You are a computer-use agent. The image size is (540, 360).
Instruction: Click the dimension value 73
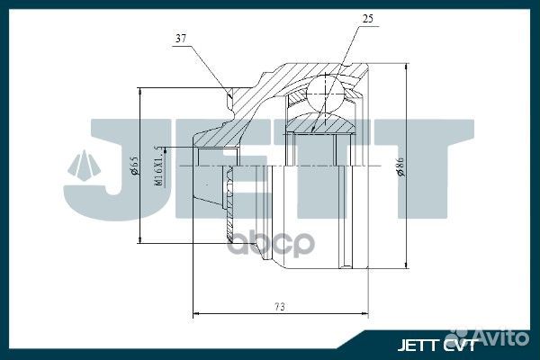279,307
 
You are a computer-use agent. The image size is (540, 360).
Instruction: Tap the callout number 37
180,38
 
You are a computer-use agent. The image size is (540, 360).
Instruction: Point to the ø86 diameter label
400,167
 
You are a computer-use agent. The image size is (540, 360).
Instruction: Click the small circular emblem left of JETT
85,166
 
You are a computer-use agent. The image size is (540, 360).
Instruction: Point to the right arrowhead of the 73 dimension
365,314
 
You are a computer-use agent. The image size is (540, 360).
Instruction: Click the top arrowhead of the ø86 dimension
407,67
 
